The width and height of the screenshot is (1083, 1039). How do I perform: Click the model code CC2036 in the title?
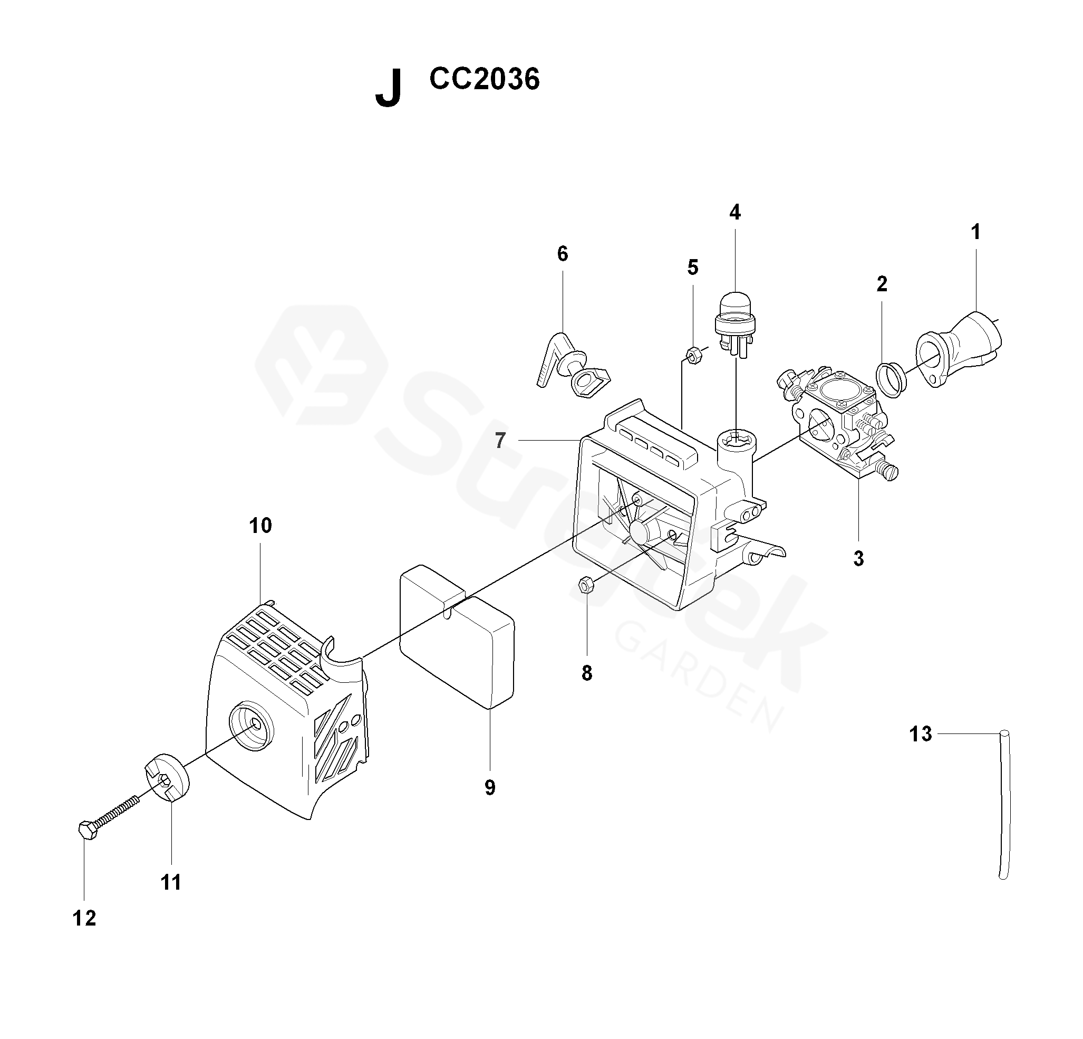point(484,80)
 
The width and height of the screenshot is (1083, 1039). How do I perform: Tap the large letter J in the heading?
point(388,89)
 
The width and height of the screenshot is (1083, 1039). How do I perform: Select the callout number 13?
point(921,734)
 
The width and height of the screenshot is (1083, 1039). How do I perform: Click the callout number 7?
point(499,441)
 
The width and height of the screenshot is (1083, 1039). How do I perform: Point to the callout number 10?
point(260,526)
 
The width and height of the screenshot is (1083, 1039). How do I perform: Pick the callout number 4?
point(735,212)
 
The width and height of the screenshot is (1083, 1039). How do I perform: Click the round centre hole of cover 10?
point(254,725)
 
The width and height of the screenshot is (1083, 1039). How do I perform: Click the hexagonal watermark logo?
point(322,365)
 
